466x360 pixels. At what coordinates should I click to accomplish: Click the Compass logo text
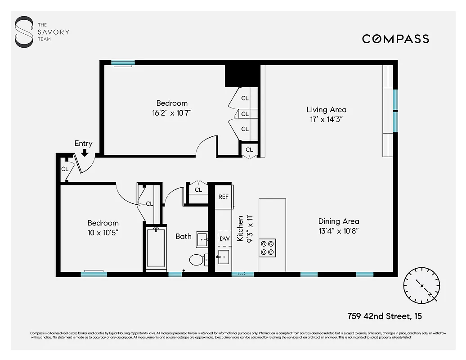click(x=395, y=39)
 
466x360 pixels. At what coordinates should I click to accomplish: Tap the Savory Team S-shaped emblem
click(x=24, y=32)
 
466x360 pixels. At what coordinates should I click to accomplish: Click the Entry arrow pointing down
click(x=84, y=153)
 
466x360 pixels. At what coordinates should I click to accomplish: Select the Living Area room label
click(x=327, y=109)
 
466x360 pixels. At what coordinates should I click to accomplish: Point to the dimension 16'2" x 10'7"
click(x=172, y=112)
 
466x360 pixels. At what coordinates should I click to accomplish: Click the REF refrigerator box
click(x=224, y=197)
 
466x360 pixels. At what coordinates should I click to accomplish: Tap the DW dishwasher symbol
click(x=224, y=239)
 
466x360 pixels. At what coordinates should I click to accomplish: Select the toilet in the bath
click(x=197, y=260)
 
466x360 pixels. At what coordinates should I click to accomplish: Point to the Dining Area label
click(x=339, y=221)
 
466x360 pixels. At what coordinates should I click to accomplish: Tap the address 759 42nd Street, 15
click(x=385, y=316)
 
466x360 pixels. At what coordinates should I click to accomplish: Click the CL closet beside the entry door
click(x=65, y=169)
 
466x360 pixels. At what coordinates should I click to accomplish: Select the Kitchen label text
click(x=240, y=228)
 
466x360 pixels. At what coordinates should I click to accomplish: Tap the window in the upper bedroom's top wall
click(x=123, y=63)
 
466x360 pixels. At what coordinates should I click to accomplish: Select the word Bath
click(x=183, y=236)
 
